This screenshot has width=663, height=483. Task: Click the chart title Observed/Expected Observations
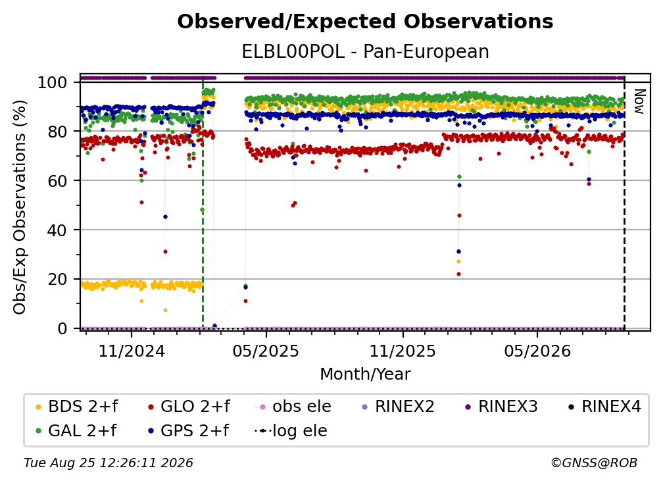tap(365, 22)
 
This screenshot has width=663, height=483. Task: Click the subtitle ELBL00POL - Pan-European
tap(365, 52)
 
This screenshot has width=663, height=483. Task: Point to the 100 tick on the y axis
tap(52, 82)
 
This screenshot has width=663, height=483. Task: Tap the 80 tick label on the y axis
tap(57, 132)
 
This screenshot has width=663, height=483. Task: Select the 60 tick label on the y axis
tap(57, 181)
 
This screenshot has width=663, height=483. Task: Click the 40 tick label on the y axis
tap(57, 230)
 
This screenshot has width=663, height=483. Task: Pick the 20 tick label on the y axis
tap(57, 280)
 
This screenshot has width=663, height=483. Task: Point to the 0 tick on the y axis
tap(62, 328)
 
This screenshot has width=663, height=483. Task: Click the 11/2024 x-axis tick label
tap(132, 351)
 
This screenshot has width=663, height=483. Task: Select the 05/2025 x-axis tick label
tap(266, 351)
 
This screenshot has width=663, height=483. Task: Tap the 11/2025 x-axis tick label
tap(403, 351)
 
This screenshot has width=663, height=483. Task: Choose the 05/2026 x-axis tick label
tap(537, 351)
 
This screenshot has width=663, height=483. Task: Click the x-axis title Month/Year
tap(365, 374)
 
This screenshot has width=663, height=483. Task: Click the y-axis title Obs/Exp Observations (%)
tap(20, 207)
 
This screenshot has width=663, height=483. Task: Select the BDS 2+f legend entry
tap(76, 407)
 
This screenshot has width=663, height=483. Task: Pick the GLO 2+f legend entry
tap(189, 407)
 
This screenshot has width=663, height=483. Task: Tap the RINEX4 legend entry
tap(604, 407)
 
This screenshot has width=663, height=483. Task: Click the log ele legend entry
tap(291, 431)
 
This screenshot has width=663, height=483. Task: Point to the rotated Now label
tap(639, 101)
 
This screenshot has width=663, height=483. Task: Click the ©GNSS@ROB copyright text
tap(594, 463)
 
